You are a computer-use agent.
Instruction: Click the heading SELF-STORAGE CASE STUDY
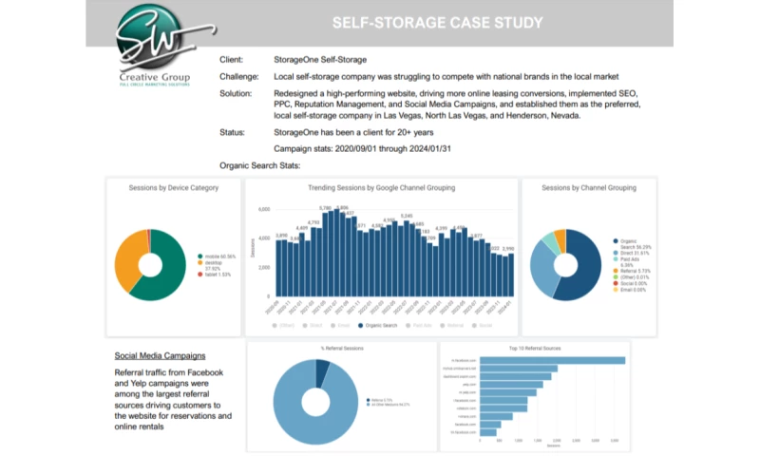click(x=440, y=22)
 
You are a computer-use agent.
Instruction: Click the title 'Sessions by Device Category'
click(x=174, y=188)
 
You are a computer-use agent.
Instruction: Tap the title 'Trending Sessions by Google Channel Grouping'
click(x=381, y=188)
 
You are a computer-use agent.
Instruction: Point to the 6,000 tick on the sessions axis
click(x=264, y=209)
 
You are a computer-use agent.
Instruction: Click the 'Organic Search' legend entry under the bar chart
click(x=384, y=325)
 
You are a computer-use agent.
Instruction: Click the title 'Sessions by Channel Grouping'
click(x=589, y=188)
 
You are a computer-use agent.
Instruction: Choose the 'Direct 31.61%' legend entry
click(x=637, y=253)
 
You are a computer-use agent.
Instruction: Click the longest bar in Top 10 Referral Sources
click(x=552, y=360)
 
